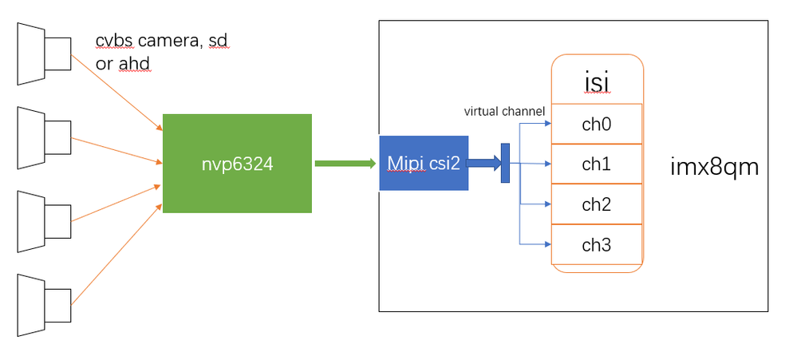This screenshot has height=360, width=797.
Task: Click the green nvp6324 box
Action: (x=236, y=164)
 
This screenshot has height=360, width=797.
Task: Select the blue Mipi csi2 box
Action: (x=423, y=164)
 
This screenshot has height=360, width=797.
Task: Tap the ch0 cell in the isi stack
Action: (x=596, y=125)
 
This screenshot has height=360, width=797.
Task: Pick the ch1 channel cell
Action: (x=596, y=164)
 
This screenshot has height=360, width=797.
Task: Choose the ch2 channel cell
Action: (x=596, y=204)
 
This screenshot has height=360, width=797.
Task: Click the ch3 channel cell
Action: (x=596, y=245)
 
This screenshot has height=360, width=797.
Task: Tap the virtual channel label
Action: (x=504, y=112)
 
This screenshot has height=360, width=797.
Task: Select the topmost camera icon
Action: (x=45, y=53)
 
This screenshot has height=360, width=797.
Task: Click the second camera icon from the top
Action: (x=45, y=138)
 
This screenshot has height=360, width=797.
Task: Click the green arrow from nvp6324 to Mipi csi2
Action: (x=345, y=164)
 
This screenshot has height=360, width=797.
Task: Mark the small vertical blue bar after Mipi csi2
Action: (x=505, y=163)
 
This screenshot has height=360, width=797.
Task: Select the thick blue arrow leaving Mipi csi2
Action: (x=483, y=164)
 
